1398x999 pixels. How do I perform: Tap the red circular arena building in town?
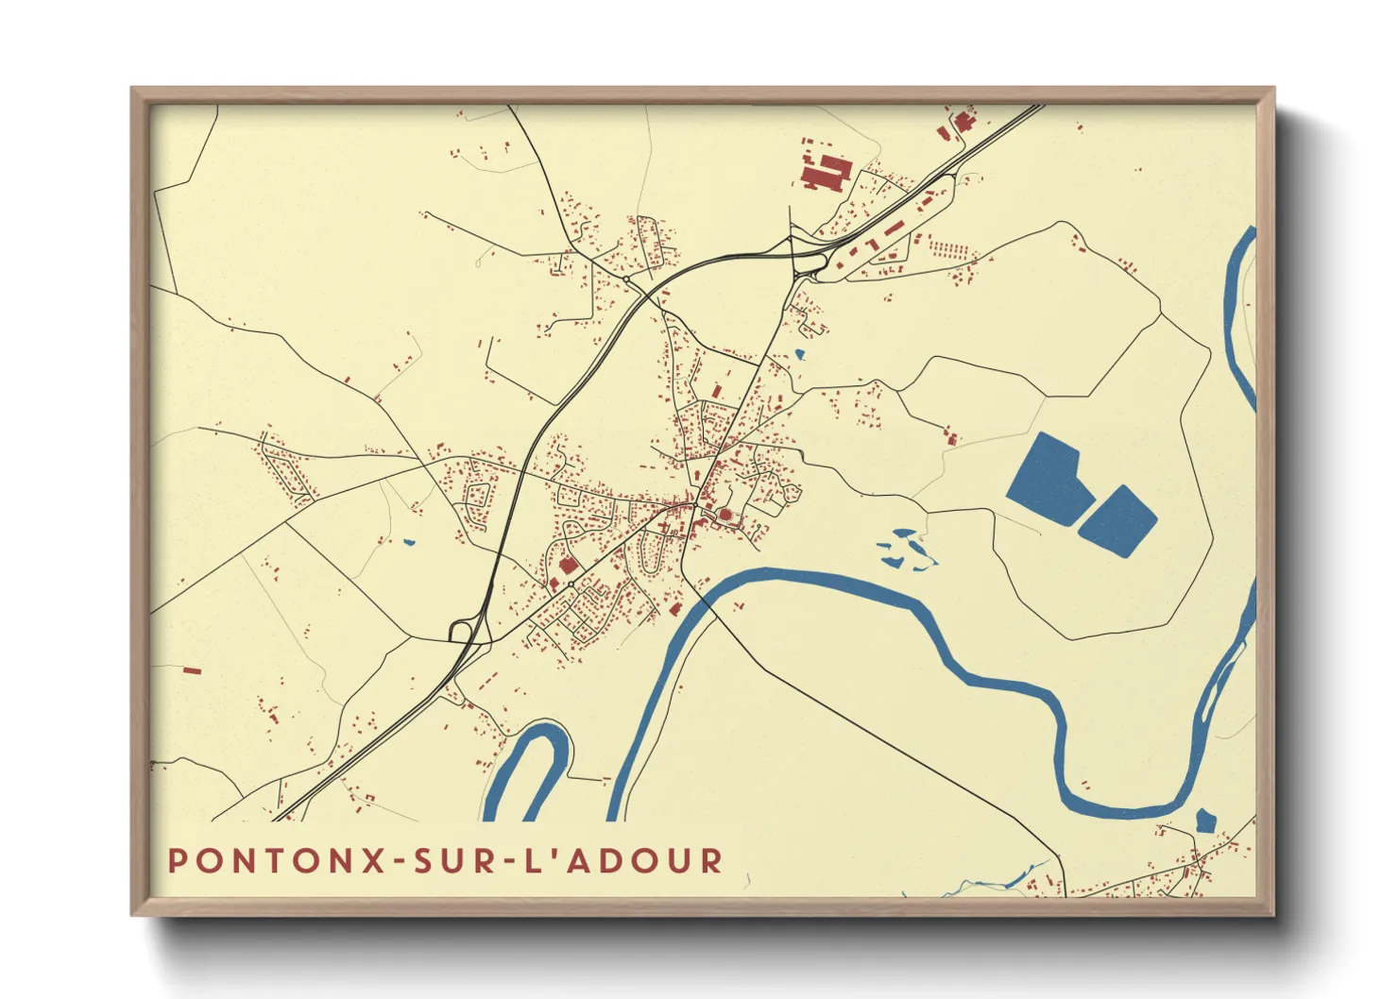point(725,515)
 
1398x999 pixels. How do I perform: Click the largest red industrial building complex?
point(825,174)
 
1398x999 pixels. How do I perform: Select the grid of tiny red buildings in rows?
point(949,249)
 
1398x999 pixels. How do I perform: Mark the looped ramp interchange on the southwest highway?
point(464,630)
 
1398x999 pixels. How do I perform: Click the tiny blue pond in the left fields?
point(409,542)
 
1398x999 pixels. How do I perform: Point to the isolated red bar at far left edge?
point(192,670)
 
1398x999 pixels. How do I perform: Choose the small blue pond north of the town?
point(800,355)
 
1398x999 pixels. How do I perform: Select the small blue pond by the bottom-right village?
point(1204,820)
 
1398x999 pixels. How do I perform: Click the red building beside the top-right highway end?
point(962,121)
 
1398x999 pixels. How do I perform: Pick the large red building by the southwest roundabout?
point(568,565)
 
